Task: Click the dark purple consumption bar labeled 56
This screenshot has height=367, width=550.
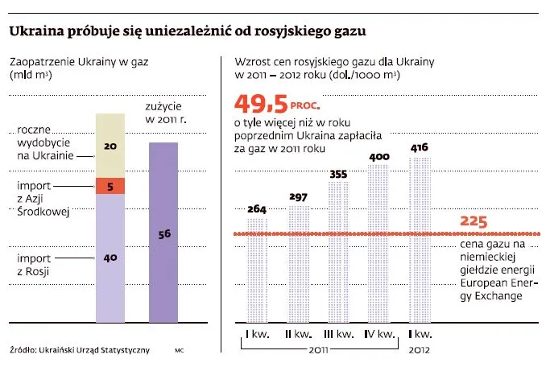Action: pos(164,233)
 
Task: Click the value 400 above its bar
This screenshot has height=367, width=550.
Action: pos(378,158)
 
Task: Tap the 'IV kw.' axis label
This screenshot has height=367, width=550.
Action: pos(378,333)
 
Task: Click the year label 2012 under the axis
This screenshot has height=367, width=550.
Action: pos(419,351)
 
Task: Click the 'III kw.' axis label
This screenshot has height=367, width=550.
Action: pos(338,333)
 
